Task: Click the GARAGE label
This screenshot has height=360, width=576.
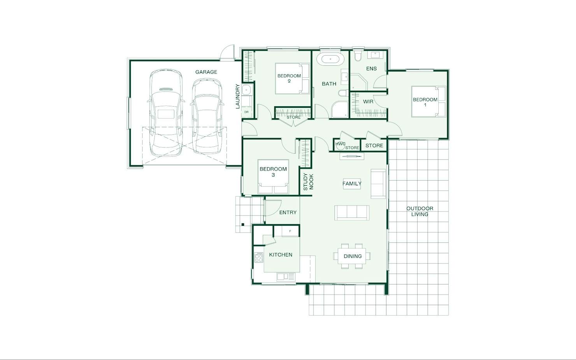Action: pyautogui.click(x=206, y=72)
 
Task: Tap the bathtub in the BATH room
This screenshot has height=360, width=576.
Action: pyautogui.click(x=330, y=59)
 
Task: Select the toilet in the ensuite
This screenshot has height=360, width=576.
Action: pyautogui.click(x=358, y=56)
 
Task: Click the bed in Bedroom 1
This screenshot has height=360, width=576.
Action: pyautogui.click(x=428, y=102)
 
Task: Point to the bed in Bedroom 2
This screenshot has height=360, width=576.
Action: pyautogui.click(x=292, y=79)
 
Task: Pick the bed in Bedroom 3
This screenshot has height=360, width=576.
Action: pyautogui.click(x=273, y=177)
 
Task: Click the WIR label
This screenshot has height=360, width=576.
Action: pyautogui.click(x=368, y=102)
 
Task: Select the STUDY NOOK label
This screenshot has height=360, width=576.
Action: pyautogui.click(x=308, y=181)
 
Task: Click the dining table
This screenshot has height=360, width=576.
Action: pyautogui.click(x=352, y=256)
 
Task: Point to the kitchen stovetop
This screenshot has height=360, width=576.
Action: pyautogui.click(x=259, y=257)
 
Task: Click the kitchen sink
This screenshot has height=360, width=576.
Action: pyautogui.click(x=286, y=277)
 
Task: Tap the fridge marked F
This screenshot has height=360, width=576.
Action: pyautogui.click(x=290, y=231)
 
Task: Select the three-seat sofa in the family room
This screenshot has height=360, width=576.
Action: pyautogui.click(x=352, y=212)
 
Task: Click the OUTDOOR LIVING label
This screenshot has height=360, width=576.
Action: pyautogui.click(x=420, y=211)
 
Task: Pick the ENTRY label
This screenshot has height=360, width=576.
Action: pyautogui.click(x=288, y=212)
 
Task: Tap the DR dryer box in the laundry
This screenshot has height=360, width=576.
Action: pyautogui.click(x=247, y=112)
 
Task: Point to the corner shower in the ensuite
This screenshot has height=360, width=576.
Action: pyautogui.click(x=359, y=82)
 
